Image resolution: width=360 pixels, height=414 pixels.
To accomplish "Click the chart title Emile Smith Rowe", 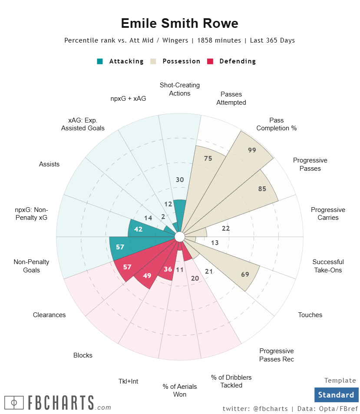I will coord(179,23).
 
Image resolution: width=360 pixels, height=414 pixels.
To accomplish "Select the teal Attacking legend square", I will coord(100,61).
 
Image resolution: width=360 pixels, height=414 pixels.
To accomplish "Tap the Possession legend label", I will coord(181,61).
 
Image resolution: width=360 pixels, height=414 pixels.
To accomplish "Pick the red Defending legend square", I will coord(211,61).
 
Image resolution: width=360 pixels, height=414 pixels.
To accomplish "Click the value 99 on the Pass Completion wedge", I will coord(252,150).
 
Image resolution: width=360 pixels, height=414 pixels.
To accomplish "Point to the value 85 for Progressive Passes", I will coord(262,189).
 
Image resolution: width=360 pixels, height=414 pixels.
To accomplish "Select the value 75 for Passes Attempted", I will coord(208,159).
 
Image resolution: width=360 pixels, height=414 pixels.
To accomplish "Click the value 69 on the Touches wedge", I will coord(245,274).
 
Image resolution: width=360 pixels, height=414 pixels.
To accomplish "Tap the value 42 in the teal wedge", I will coord(139,229).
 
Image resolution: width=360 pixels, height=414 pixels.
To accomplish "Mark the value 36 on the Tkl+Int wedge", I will coord(168,269).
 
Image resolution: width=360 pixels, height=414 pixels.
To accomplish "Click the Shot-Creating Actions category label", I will coord(180,89).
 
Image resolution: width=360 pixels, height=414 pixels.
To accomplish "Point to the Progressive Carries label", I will coord(328,214).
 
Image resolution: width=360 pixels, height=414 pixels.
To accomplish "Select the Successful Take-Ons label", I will coord(328,266).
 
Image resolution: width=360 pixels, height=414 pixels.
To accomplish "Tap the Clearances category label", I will coord(50,315).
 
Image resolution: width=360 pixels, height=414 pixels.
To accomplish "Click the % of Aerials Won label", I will coord(180,390).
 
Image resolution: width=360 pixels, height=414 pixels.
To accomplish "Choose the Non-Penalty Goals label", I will coord(32,266).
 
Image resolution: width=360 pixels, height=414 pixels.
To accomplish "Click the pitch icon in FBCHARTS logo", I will coord(14,403).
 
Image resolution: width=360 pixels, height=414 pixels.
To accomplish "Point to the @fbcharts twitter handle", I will coord(270,408).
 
